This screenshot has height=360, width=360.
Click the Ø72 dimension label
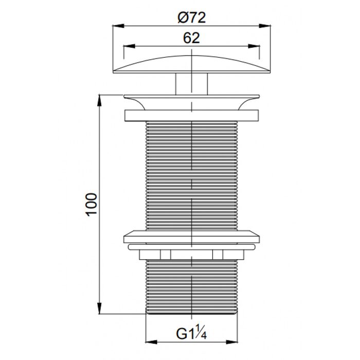click(x=192, y=17)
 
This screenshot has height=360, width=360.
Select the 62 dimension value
click(x=191, y=38)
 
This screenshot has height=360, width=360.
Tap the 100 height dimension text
click(x=92, y=205)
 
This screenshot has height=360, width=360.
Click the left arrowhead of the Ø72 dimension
click(x=118, y=26)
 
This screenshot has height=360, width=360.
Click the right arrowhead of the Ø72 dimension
click(x=265, y=26)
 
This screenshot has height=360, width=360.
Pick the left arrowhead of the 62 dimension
click(x=129, y=46)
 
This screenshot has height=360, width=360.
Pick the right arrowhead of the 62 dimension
click(x=254, y=46)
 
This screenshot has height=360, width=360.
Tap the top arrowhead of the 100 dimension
click(x=99, y=100)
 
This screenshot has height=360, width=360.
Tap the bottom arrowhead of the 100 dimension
click(x=99, y=308)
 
